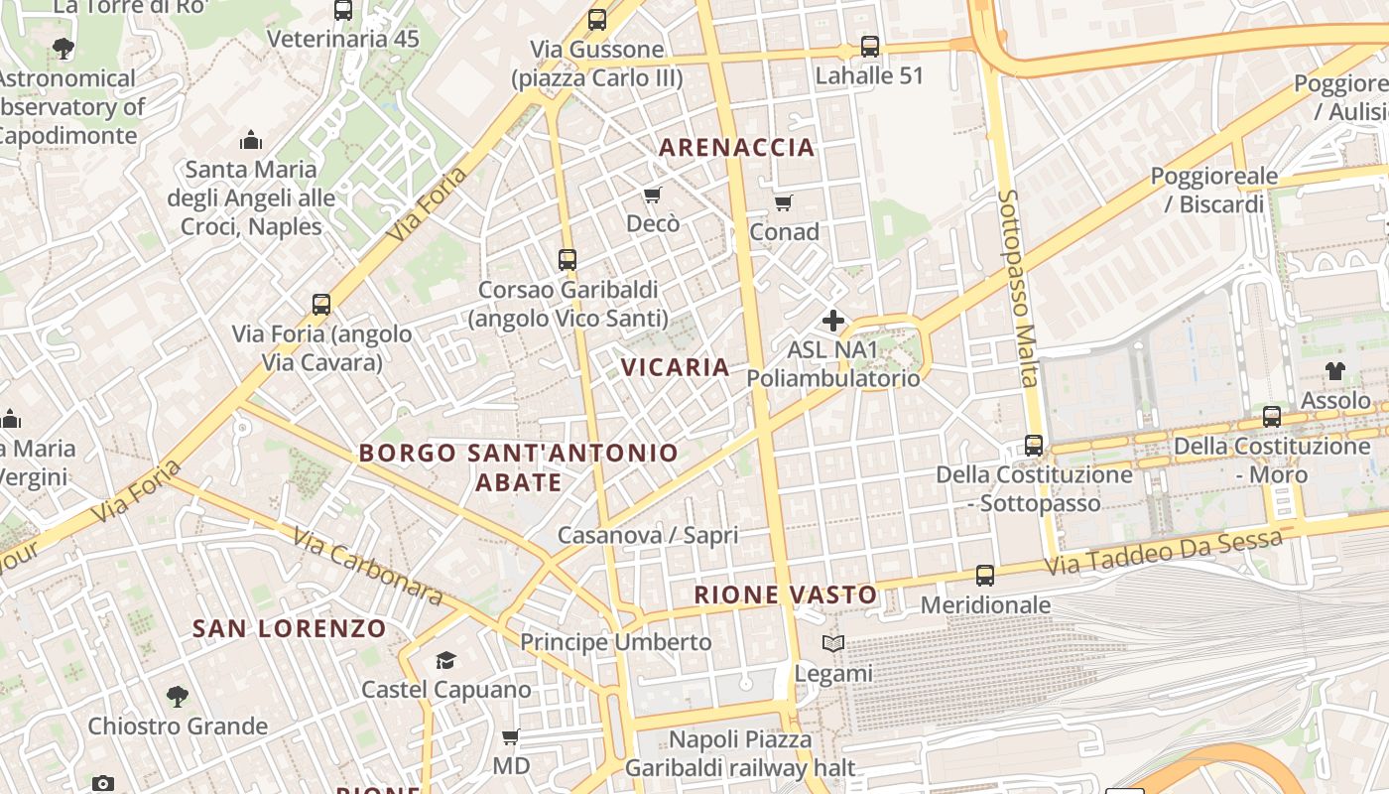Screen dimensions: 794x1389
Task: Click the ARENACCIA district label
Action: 736,148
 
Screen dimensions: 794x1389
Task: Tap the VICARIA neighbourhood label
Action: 675,367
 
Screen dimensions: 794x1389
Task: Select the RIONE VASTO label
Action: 786,595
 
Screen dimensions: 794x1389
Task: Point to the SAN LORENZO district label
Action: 289,628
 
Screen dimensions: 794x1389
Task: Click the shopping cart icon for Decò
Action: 652,195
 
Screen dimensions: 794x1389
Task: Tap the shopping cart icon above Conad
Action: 783,203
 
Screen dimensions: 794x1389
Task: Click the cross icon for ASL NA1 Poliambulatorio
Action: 832,321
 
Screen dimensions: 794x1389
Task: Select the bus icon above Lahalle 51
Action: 869,46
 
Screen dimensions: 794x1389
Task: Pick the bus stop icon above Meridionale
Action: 984,576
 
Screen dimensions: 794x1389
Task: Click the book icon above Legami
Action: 832,644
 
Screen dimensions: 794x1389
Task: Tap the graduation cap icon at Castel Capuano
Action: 445,660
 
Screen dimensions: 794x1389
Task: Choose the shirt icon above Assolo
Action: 1334,371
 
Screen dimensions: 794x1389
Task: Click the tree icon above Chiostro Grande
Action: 177,696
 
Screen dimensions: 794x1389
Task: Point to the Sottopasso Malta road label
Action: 1018,288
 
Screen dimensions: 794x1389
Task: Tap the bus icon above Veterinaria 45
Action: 342,11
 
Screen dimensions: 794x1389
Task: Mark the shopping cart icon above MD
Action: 510,736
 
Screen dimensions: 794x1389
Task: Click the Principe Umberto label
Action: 615,642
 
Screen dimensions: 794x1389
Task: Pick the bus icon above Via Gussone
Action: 596,20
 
